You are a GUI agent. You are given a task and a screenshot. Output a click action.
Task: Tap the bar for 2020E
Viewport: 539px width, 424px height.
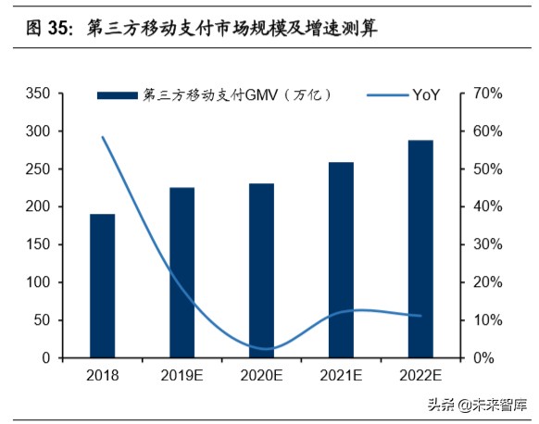261,270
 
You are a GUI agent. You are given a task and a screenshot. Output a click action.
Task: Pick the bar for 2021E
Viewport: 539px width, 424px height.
341,259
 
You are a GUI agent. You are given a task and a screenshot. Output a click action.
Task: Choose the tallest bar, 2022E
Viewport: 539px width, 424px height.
420,248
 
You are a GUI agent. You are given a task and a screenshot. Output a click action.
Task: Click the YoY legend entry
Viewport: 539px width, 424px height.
403,94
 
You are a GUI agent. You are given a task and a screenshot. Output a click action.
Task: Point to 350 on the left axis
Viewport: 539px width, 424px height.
38,94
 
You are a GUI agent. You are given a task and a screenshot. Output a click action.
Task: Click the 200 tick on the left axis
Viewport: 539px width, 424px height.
38,206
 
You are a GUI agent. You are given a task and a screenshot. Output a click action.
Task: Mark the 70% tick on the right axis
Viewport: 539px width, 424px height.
487,94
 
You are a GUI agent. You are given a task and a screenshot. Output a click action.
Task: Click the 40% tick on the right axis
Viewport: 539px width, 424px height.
487,206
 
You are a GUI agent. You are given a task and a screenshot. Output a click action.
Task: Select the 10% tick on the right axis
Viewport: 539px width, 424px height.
487,320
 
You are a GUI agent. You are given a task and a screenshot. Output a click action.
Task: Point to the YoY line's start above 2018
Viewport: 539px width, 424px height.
102,137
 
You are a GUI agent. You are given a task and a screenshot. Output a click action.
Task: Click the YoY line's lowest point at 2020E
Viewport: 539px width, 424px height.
264,349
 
